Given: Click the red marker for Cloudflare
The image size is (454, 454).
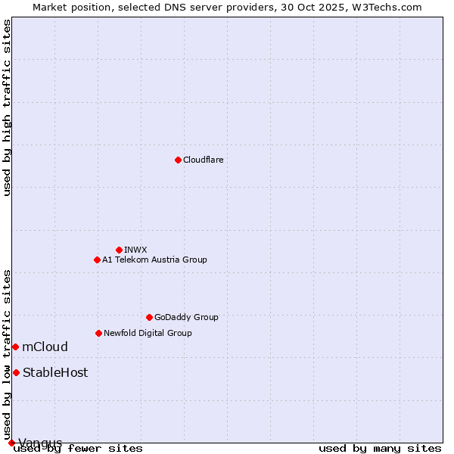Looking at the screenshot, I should click(178, 160).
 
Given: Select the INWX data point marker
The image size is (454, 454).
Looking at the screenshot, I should click(119, 250).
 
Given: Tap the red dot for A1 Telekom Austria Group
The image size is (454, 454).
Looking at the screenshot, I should click(97, 260).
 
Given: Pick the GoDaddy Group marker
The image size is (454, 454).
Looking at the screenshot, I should click(149, 317).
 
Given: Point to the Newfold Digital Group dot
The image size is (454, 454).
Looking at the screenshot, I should click(98, 333).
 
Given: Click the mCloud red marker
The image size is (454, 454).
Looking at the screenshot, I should click(15, 347).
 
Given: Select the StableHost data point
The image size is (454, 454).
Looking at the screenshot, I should click(16, 372).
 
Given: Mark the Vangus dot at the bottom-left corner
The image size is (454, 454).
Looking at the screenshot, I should click(11, 443).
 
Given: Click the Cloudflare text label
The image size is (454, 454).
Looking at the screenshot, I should click(203, 160).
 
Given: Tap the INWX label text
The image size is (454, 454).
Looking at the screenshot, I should click(135, 250).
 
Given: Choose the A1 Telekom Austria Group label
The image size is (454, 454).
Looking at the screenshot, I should click(154, 260).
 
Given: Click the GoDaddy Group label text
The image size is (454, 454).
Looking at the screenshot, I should click(186, 317).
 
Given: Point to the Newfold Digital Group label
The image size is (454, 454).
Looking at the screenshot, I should click(148, 333).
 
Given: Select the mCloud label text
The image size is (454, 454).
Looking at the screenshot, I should click(45, 347).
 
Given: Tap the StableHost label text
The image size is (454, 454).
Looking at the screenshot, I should click(55, 372).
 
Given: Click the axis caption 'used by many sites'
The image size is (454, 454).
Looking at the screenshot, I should click(380, 448).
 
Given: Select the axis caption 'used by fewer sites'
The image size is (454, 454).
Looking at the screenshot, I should click(78, 448).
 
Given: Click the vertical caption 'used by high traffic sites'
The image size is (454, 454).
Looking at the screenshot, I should click(7, 107).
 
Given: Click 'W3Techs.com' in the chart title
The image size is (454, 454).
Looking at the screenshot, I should click(390, 7).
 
